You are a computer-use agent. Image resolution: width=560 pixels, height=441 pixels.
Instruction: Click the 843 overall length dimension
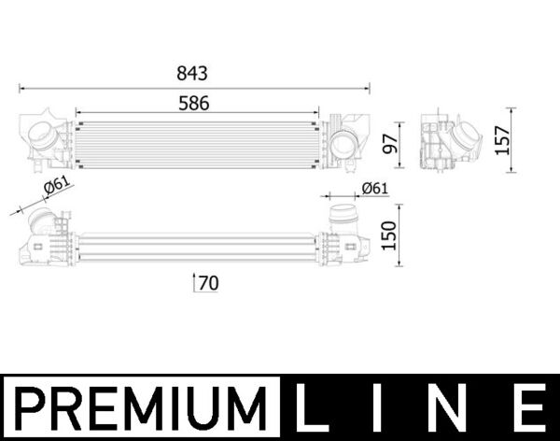(192, 73)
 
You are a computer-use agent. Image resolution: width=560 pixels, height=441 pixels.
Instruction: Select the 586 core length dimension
(194, 104)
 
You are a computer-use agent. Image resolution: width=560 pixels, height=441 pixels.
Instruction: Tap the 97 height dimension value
(390, 144)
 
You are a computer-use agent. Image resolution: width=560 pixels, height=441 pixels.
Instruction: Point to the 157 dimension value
(502, 140)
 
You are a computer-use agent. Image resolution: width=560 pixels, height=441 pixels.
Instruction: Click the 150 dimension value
(389, 235)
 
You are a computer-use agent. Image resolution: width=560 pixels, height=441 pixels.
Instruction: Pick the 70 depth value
(208, 283)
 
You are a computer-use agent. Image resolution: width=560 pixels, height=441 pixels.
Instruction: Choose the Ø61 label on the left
(57, 186)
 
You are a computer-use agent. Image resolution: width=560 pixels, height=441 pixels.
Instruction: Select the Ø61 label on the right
(374, 188)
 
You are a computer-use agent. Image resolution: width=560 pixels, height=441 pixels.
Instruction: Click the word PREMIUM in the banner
(141, 408)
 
